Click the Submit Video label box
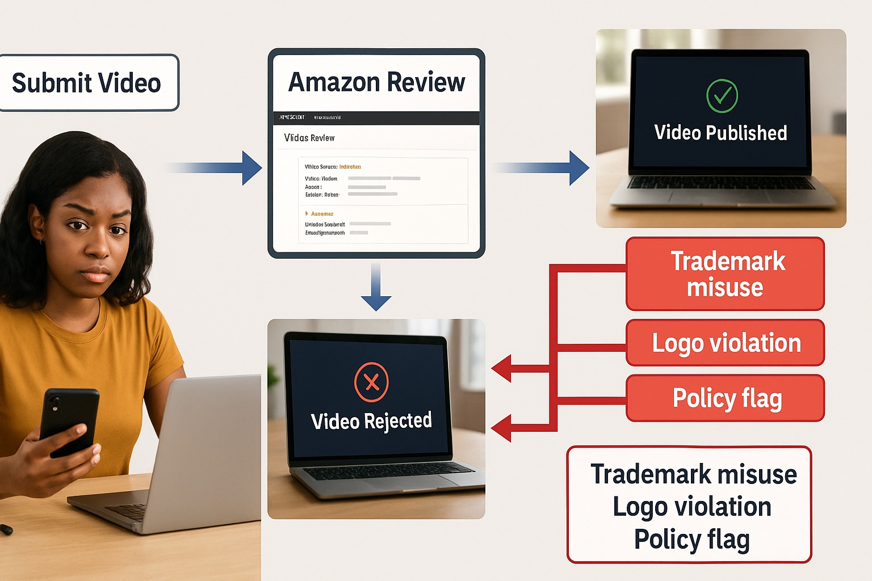tap(88, 83)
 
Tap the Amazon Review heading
tap(376, 82)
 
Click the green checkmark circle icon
tap(722, 96)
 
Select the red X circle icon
tap(371, 382)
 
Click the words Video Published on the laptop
tap(720, 133)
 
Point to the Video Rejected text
tap(371, 421)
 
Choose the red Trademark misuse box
tap(725, 274)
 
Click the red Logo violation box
tap(725, 343)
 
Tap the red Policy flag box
tap(725, 398)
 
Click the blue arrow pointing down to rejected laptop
tap(376, 289)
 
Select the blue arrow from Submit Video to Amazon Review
tap(227, 167)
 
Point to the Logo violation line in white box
tap(691, 507)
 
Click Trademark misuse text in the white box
tap(693, 474)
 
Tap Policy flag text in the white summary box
tap(691, 540)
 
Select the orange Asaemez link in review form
tap(322, 214)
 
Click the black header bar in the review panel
tap(376, 117)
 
